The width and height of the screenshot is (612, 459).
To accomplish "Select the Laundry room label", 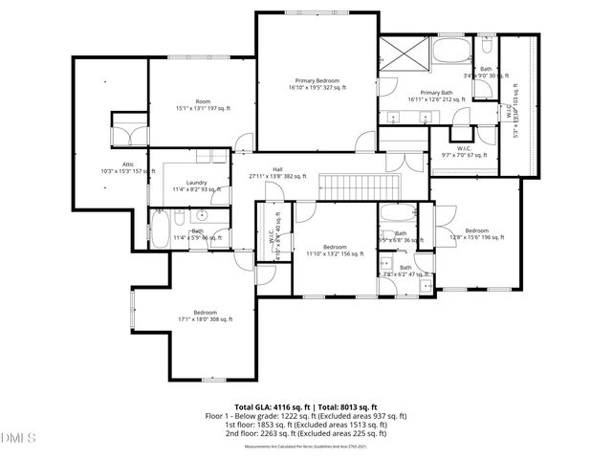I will tap(197, 186).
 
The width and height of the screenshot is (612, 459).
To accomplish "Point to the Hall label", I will tap(277, 172).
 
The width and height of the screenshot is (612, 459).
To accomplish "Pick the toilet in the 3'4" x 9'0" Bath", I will tap(486, 46).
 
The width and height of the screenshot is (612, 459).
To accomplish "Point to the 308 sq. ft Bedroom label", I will tap(205, 316).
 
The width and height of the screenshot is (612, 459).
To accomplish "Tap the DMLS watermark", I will tap(18, 438).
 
